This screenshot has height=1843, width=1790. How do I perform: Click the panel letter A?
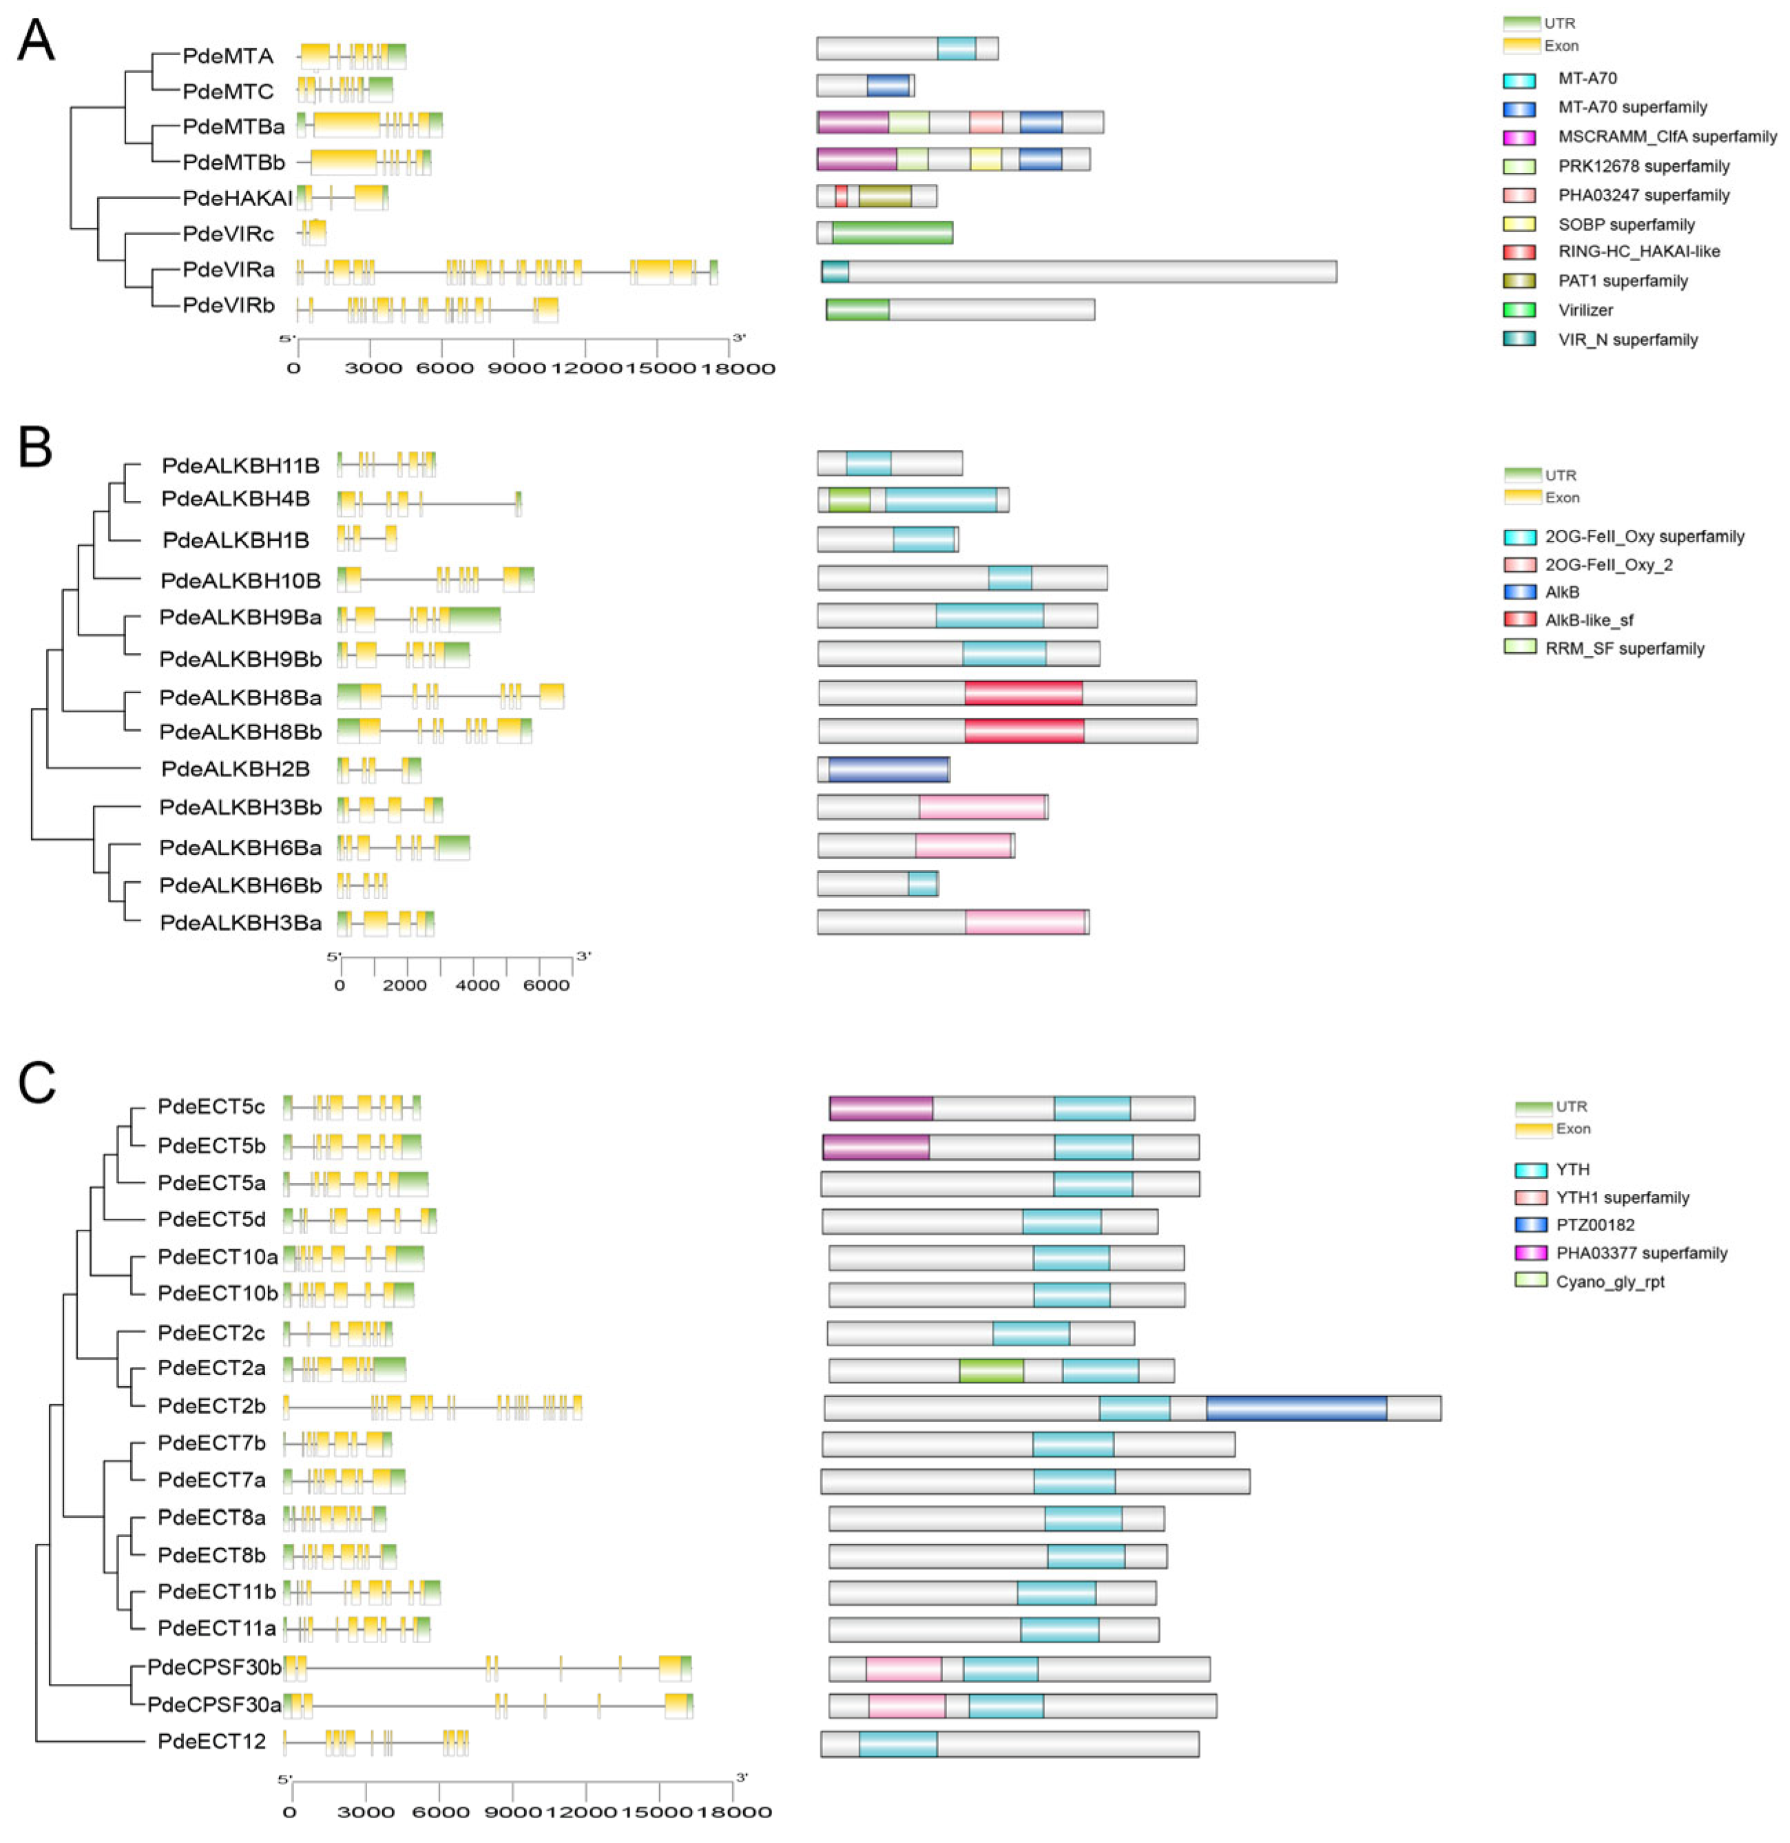[x=36, y=42]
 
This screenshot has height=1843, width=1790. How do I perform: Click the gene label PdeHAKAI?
[x=237, y=198]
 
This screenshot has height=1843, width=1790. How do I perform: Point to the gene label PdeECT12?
[x=211, y=1742]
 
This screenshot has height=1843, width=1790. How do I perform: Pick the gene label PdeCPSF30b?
[x=214, y=1667]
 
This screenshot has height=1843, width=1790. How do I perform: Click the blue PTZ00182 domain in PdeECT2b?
[x=1295, y=1408]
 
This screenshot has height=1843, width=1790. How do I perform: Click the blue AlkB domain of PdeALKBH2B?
[x=888, y=769]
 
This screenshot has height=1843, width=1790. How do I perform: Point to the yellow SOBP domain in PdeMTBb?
[x=986, y=159]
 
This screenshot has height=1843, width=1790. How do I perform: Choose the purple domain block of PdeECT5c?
[x=881, y=1108]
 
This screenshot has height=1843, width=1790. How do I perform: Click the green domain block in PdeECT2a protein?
[x=991, y=1370]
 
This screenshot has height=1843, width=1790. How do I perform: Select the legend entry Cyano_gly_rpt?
[x=1610, y=1281]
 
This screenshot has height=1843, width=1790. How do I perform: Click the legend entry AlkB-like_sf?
[x=1589, y=619]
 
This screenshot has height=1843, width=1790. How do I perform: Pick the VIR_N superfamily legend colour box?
[x=1519, y=340]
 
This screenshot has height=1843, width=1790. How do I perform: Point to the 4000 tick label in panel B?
[x=477, y=985]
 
